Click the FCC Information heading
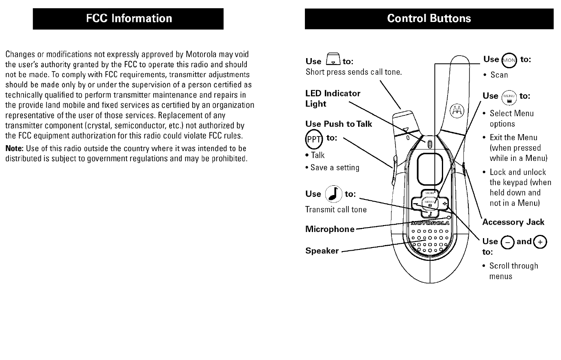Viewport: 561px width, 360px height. (x=128, y=19)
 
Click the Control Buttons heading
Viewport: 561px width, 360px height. (x=429, y=19)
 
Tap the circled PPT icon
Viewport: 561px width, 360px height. (x=313, y=139)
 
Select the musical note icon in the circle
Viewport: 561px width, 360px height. (x=334, y=194)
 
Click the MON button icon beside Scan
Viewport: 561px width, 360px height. (x=509, y=61)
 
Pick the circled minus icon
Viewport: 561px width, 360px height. (x=507, y=242)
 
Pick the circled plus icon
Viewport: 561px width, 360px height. (x=540, y=242)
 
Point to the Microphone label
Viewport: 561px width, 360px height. (x=330, y=229)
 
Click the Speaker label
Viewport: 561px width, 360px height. (x=322, y=251)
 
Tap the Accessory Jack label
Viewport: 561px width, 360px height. (x=513, y=222)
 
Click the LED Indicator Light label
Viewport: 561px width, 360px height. (x=333, y=98)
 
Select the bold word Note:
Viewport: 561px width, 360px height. (x=14, y=148)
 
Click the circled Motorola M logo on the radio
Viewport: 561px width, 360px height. (x=457, y=110)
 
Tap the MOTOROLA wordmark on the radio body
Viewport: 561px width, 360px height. (x=430, y=223)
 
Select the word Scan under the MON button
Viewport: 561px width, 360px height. (x=499, y=75)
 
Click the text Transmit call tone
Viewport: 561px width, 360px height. (x=336, y=210)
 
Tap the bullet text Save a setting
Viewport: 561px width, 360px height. (x=335, y=167)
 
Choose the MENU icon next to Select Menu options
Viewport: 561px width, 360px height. (x=509, y=98)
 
